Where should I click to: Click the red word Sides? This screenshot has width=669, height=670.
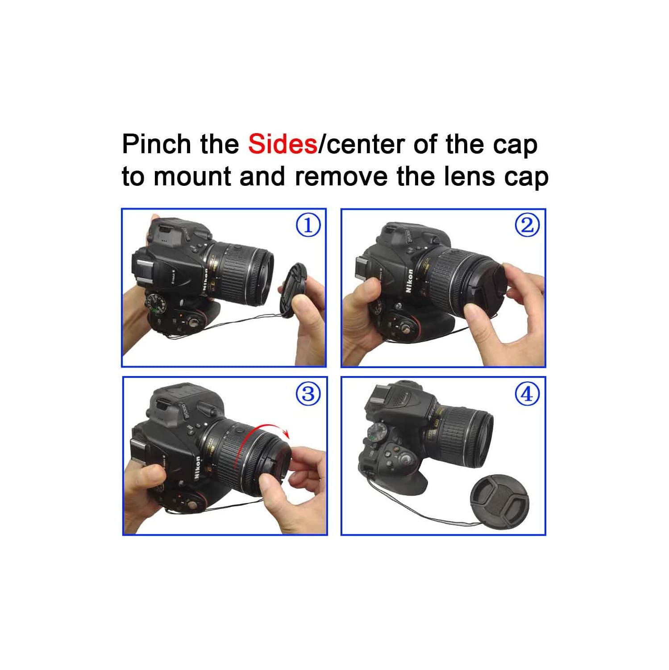coord(283,144)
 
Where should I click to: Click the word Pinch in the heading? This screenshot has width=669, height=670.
coord(156,144)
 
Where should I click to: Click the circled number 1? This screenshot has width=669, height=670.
coord(308,225)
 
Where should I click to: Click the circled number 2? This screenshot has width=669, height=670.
coord(527,225)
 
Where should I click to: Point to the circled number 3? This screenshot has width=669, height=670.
coord(308,394)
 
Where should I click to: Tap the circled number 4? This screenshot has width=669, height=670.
coord(527,394)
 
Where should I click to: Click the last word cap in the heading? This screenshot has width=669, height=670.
coord(526,177)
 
